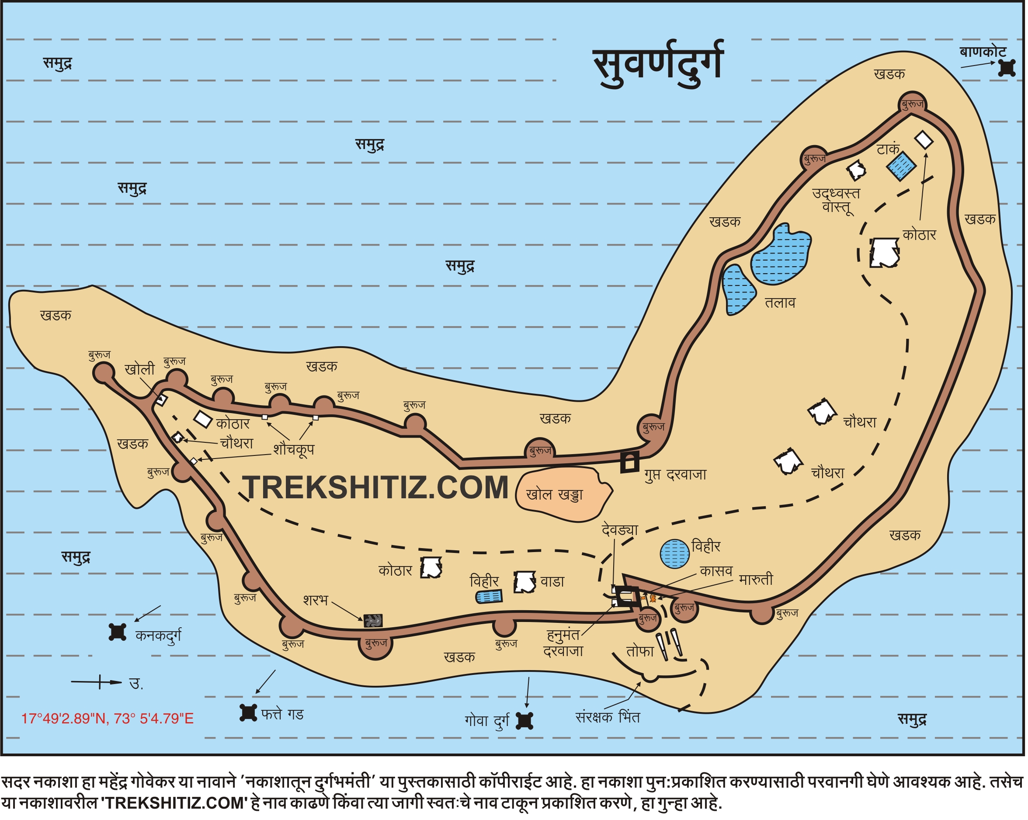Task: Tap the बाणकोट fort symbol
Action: [1007, 68]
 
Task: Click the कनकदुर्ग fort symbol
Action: [117, 632]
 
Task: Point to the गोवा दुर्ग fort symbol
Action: [525, 721]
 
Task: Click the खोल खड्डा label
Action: [555, 495]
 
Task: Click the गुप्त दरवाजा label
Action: [676, 475]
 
